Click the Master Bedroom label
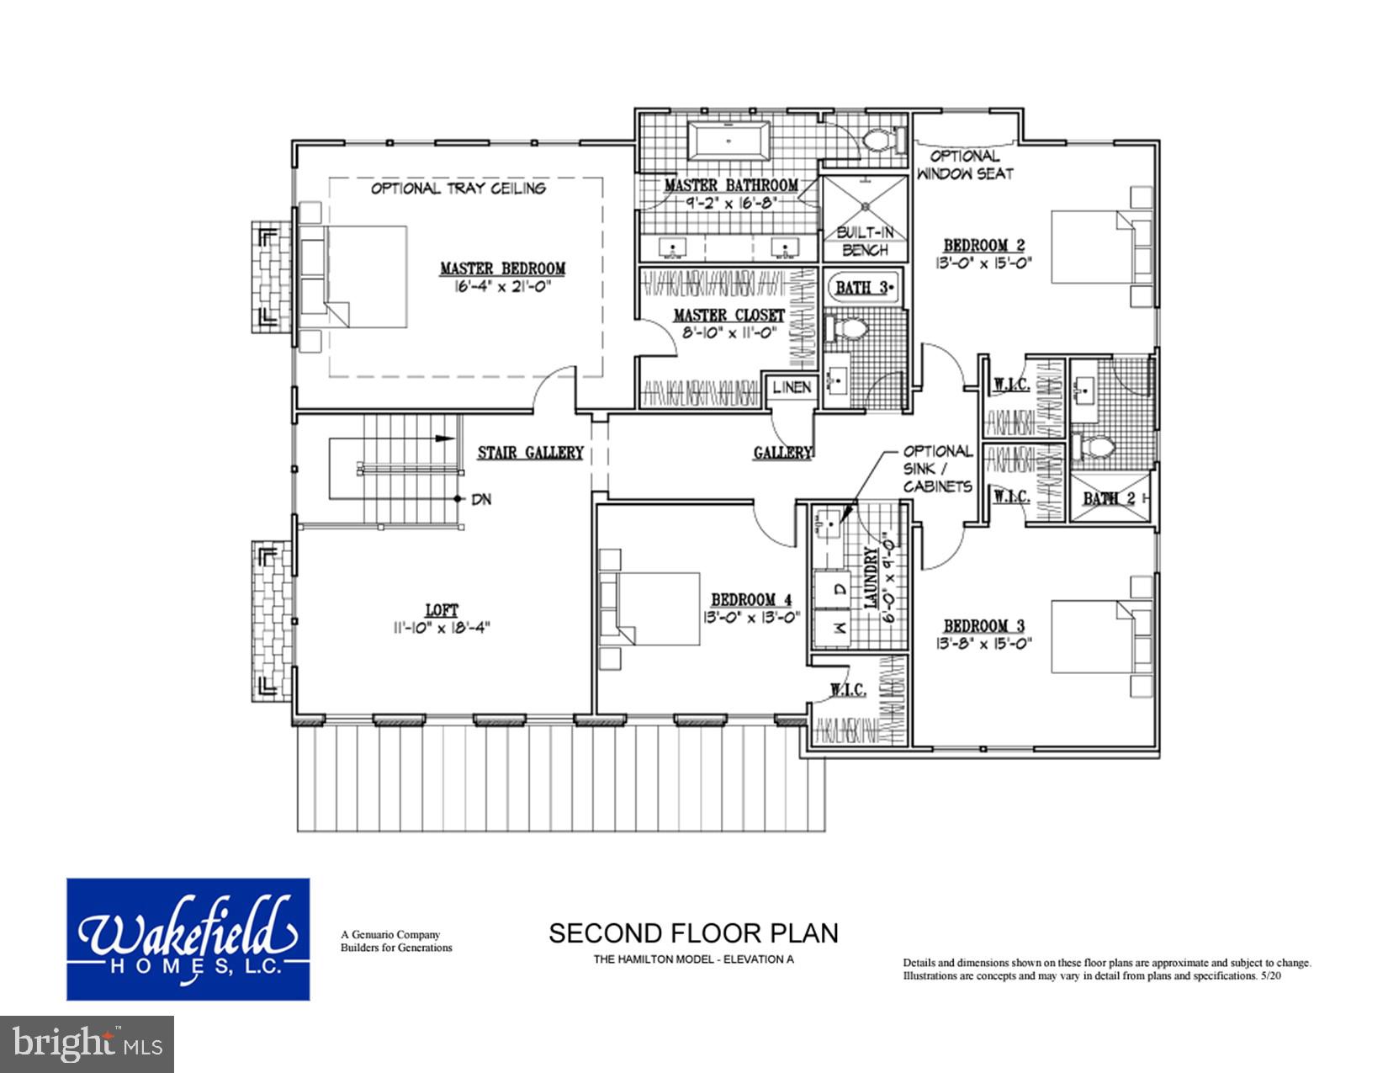click(502, 269)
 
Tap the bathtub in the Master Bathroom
click(728, 141)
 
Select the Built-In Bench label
click(865, 241)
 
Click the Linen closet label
click(792, 387)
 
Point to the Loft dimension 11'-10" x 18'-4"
click(441, 627)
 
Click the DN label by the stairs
click(481, 500)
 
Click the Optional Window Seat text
click(965, 165)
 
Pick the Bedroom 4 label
click(751, 600)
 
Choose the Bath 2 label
click(1108, 499)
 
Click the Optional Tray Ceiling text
click(458, 189)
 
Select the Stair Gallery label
click(530, 454)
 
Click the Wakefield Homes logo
click(188, 939)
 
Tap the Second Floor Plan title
click(693, 933)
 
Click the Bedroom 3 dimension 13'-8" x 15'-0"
click(983, 643)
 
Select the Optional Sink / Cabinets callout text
click(938, 470)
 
